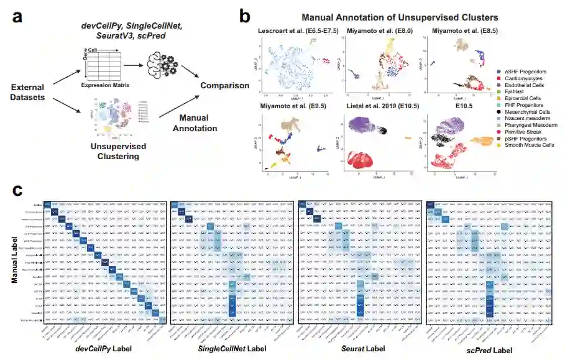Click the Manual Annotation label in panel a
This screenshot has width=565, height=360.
[198, 123]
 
